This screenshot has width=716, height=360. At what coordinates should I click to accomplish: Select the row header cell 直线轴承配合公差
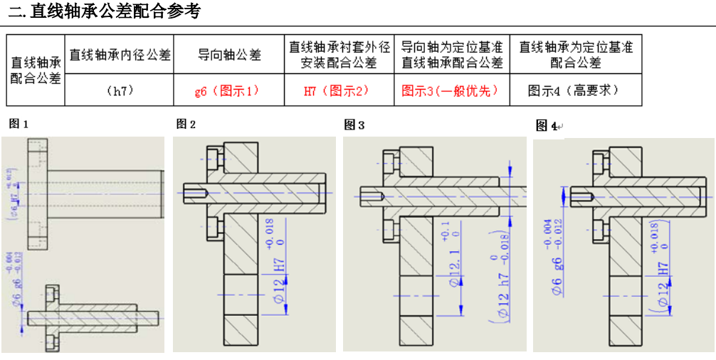pos(36,70)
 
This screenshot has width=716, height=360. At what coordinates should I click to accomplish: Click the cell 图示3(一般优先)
pos(450,91)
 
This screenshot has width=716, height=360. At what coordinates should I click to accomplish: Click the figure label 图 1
pos(19,124)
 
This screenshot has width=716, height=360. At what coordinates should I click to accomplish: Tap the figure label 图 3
pos(354,125)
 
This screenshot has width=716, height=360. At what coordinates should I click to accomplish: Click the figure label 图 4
pos(546,126)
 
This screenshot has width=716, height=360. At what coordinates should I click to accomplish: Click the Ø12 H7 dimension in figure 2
pos(280,281)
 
